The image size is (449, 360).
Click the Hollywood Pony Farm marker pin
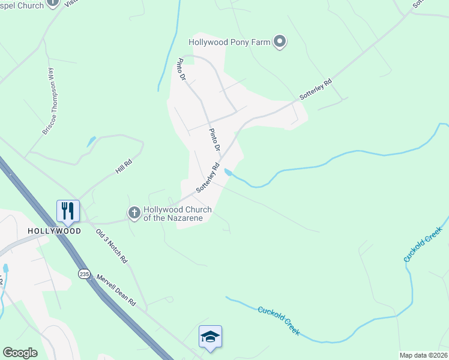279,41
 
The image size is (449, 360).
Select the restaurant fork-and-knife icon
68,211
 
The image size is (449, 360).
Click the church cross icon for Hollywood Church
134,212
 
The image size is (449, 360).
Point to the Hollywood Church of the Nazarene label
177,214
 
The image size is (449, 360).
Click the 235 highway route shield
83,274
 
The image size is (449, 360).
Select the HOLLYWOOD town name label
54,231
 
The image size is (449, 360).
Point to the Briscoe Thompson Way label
49,100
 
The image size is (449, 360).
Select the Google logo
20,352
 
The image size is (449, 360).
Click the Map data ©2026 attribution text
423,355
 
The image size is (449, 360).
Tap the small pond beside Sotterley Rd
228,173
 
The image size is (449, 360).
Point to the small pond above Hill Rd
91,142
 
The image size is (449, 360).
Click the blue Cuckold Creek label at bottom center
278,320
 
